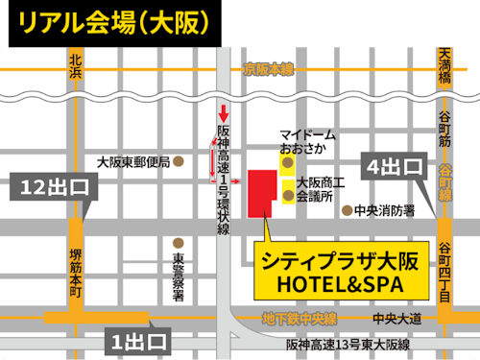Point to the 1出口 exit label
pos(137,341)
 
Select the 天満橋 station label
pos(444,65)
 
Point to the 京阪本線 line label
pos(269,69)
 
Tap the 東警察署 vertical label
pos(179,278)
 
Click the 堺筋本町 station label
pos(76,273)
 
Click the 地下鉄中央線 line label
pos(301,320)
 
